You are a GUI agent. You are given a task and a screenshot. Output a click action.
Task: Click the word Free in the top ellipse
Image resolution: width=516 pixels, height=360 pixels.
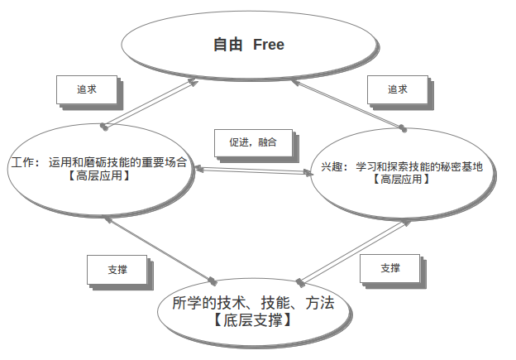point(268,45)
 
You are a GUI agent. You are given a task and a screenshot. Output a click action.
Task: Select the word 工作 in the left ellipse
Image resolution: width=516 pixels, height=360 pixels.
point(23,163)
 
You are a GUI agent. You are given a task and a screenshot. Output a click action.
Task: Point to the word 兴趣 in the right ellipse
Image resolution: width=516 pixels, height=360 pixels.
point(331,166)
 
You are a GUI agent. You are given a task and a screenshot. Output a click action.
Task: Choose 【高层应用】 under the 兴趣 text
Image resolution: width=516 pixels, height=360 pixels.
point(400,179)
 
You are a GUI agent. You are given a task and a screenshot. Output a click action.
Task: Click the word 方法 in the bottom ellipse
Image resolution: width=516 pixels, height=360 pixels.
point(318,303)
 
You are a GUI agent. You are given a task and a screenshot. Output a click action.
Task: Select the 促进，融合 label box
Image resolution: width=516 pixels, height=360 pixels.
point(252,142)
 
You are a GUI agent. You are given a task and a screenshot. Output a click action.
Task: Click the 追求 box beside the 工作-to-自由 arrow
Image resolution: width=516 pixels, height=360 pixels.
point(86,89)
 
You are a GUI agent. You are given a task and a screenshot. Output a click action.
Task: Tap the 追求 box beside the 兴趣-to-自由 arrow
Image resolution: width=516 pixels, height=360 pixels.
point(397,89)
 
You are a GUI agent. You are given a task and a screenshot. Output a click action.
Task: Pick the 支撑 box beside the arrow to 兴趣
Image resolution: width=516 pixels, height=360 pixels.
point(390,267)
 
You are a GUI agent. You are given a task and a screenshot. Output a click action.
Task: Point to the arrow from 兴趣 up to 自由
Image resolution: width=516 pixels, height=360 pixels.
point(348,103)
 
